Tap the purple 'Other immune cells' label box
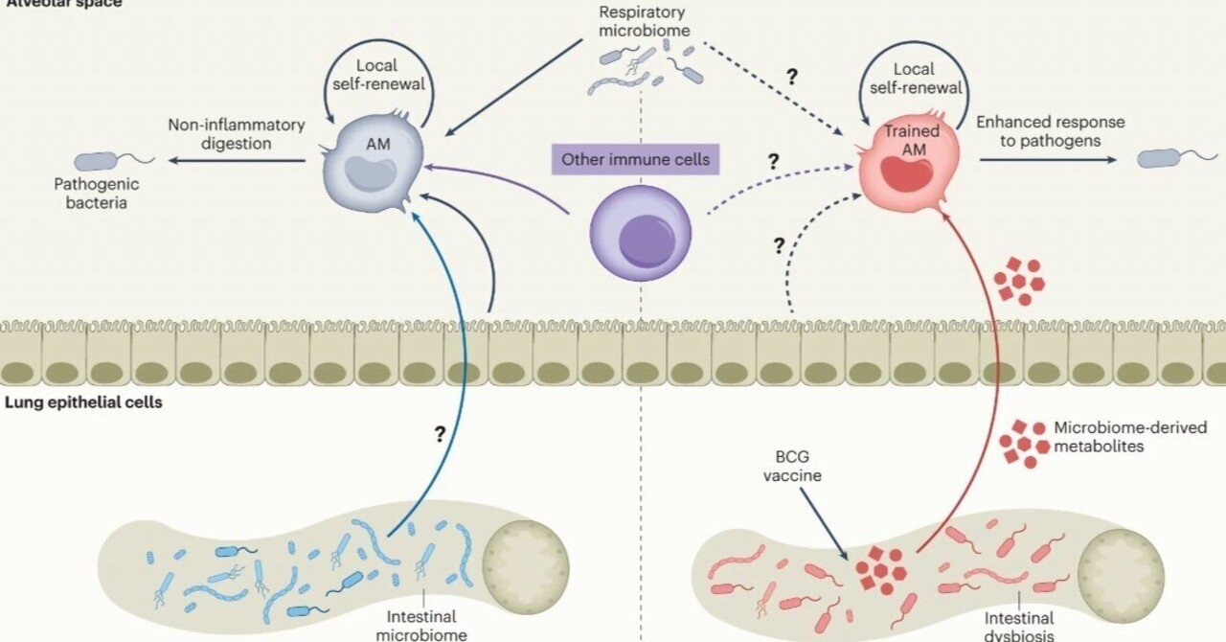[x=636, y=159]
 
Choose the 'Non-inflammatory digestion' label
[x=237, y=134]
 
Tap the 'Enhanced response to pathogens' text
[x=1049, y=132]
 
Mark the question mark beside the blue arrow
[x=440, y=434]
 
